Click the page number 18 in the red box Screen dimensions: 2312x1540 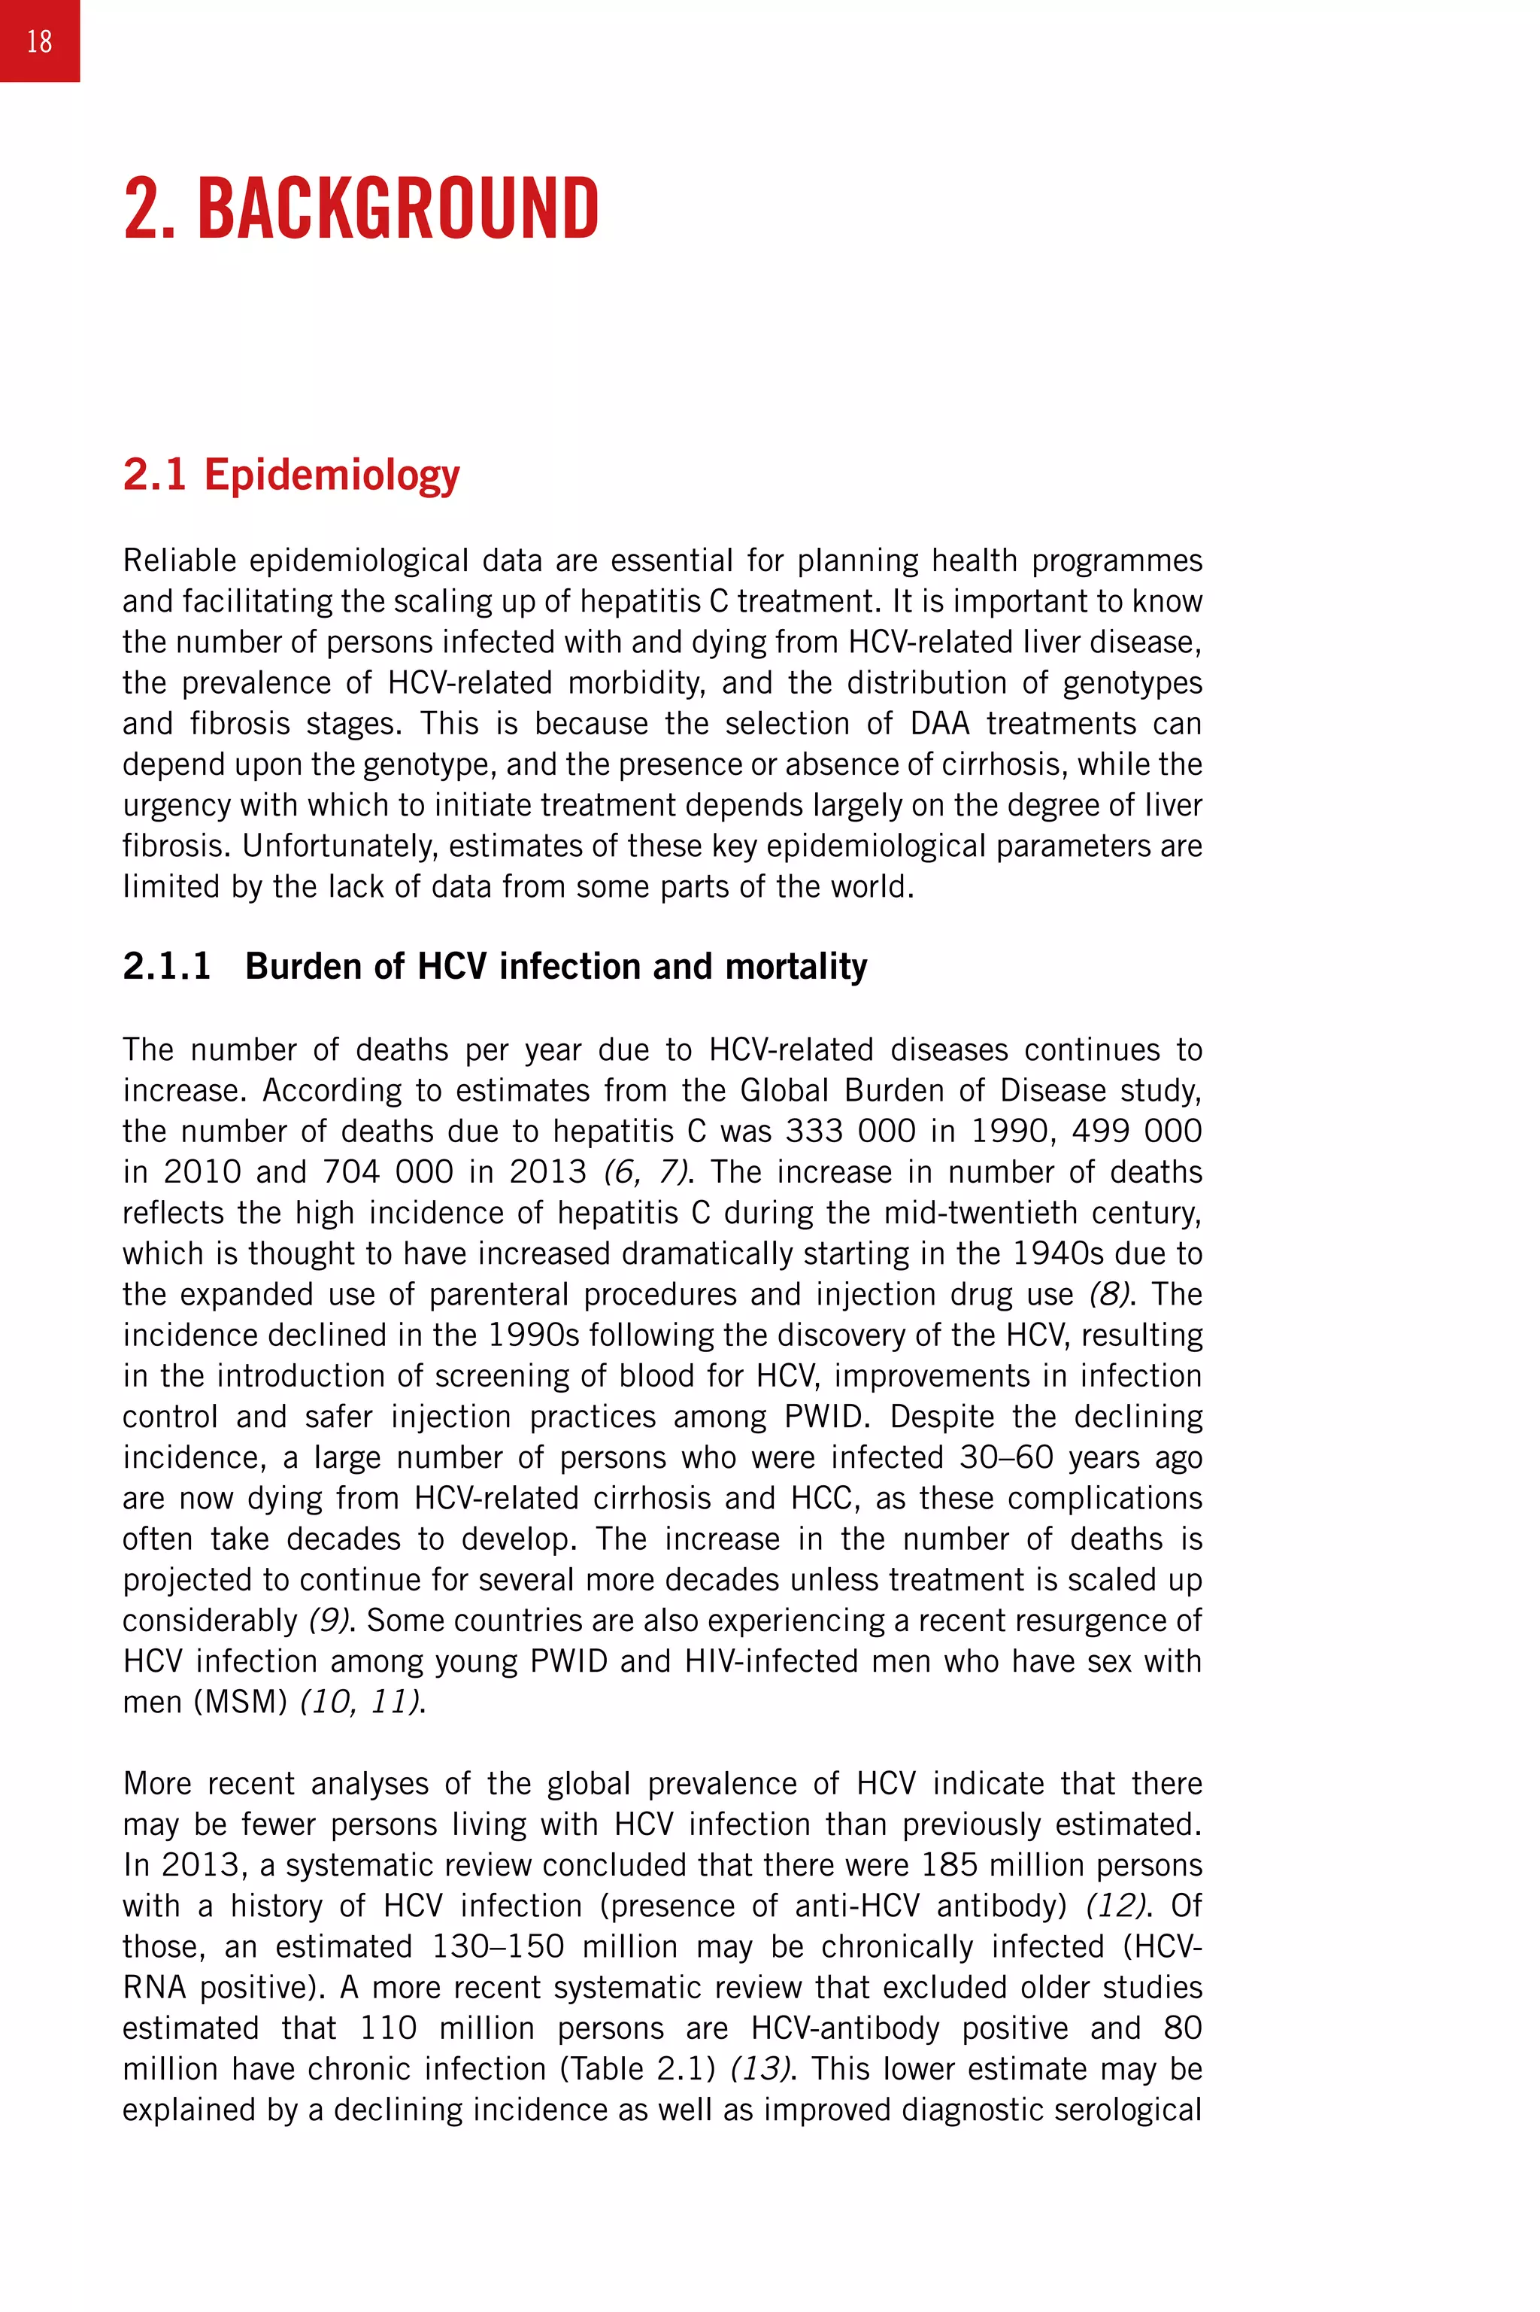(x=39, y=41)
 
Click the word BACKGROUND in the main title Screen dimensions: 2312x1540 (x=398, y=208)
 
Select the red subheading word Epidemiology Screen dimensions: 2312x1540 (x=331, y=475)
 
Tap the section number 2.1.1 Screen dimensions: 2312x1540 (x=167, y=966)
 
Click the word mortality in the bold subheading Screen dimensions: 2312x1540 (x=796, y=966)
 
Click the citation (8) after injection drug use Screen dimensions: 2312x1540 (x=1109, y=1294)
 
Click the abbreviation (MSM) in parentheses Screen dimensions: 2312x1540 (x=241, y=1702)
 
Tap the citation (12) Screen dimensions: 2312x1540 (x=1116, y=1906)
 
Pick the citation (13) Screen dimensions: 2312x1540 (x=760, y=2069)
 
